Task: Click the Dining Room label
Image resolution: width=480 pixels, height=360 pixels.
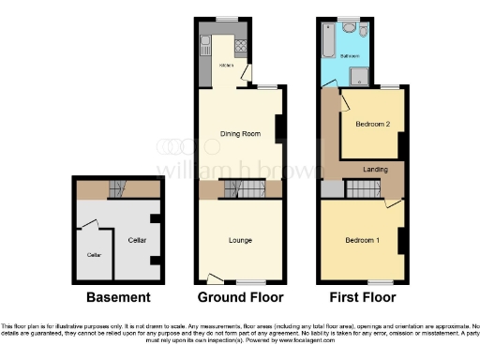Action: pyautogui.click(x=239, y=134)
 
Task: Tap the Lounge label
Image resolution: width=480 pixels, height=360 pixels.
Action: pyautogui.click(x=240, y=240)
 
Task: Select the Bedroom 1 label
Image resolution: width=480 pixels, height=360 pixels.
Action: pyautogui.click(x=362, y=240)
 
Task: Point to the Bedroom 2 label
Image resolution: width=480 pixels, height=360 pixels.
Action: pyautogui.click(x=372, y=124)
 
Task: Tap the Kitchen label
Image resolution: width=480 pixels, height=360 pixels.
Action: pyautogui.click(x=226, y=66)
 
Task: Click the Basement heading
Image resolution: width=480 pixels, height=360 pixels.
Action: pyautogui.click(x=118, y=298)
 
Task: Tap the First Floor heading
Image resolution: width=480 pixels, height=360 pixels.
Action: pyautogui.click(x=362, y=298)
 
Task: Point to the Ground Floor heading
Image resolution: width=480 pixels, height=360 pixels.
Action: pyautogui.click(x=240, y=298)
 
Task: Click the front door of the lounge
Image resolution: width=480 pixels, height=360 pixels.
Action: pyautogui.click(x=215, y=278)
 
